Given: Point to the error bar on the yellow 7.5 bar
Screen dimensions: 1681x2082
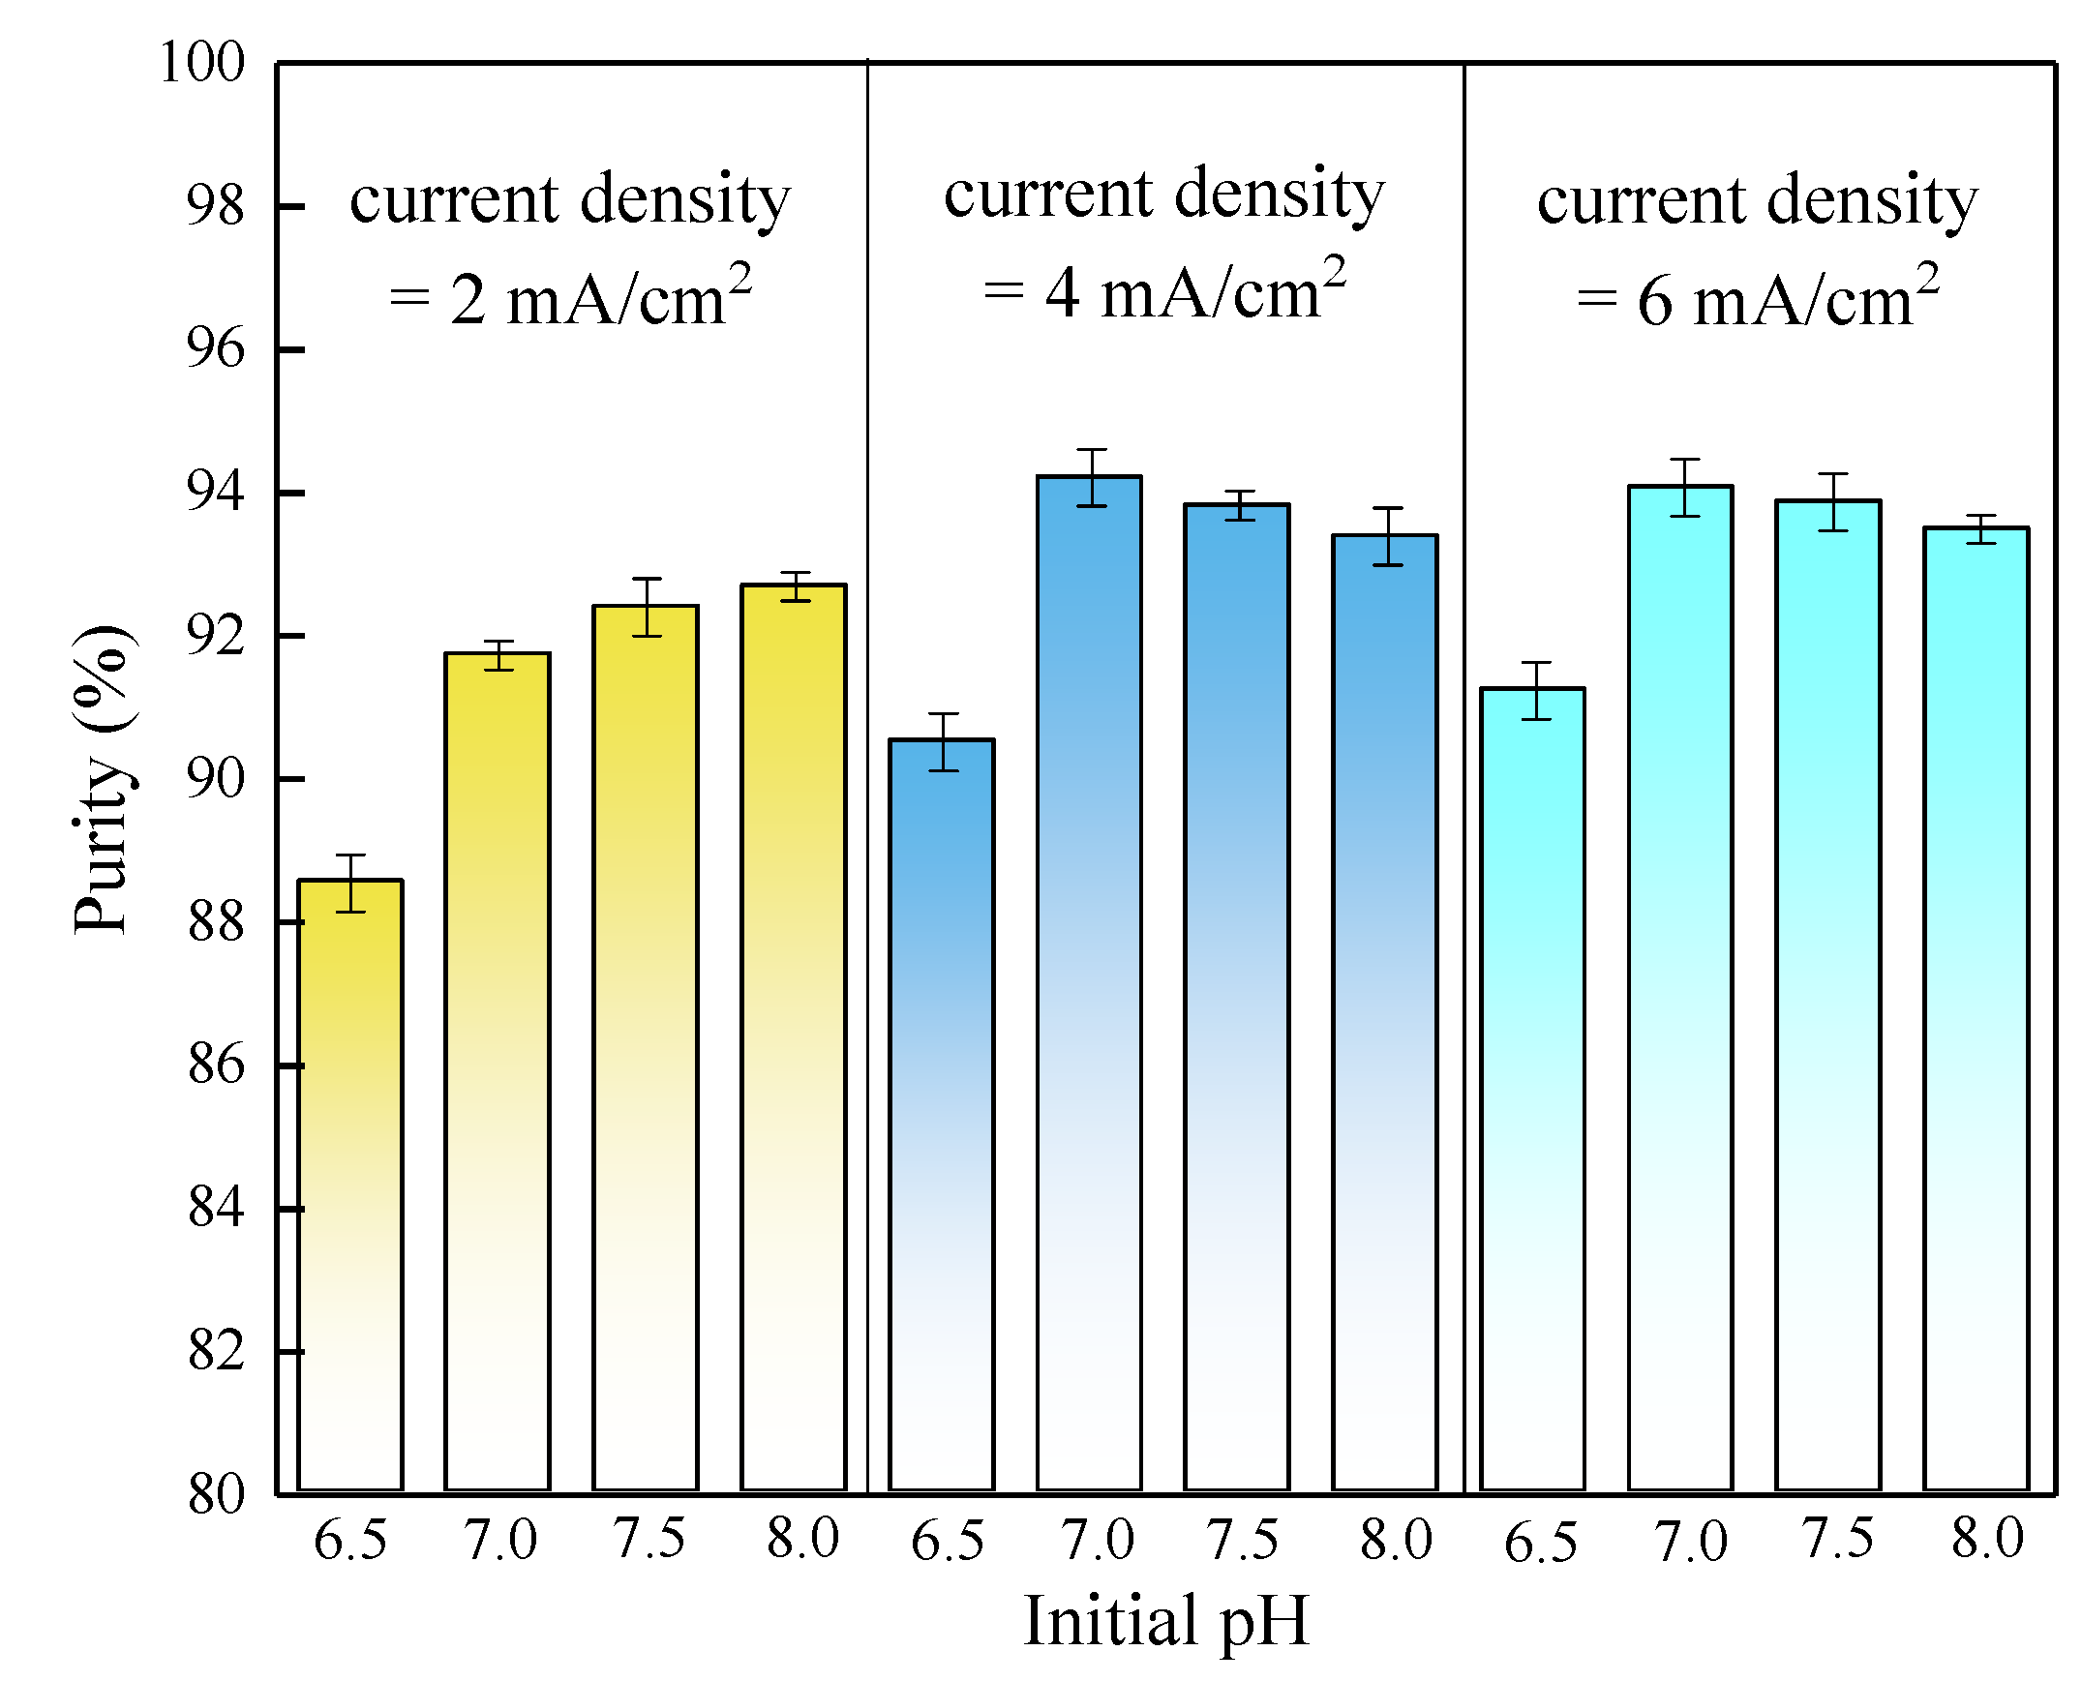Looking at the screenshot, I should click(646, 607).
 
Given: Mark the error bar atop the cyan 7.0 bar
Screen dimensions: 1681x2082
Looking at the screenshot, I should click(1685, 487).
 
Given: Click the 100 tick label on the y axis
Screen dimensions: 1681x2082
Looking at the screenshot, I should click(201, 63).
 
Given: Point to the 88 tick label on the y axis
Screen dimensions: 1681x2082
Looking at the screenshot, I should click(215, 922).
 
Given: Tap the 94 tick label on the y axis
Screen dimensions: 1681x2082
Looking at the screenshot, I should click(215, 493).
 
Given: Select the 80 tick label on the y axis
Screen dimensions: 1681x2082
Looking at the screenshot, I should click(215, 1494).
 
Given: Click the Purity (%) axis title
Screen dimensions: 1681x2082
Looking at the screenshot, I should click(101, 779).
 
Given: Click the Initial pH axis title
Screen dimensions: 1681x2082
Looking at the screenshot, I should click(1166, 1621).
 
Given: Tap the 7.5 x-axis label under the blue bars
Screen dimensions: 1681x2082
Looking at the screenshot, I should click(1242, 1539).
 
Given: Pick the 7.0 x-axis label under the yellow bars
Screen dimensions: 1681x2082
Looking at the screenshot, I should click(499, 1540).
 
